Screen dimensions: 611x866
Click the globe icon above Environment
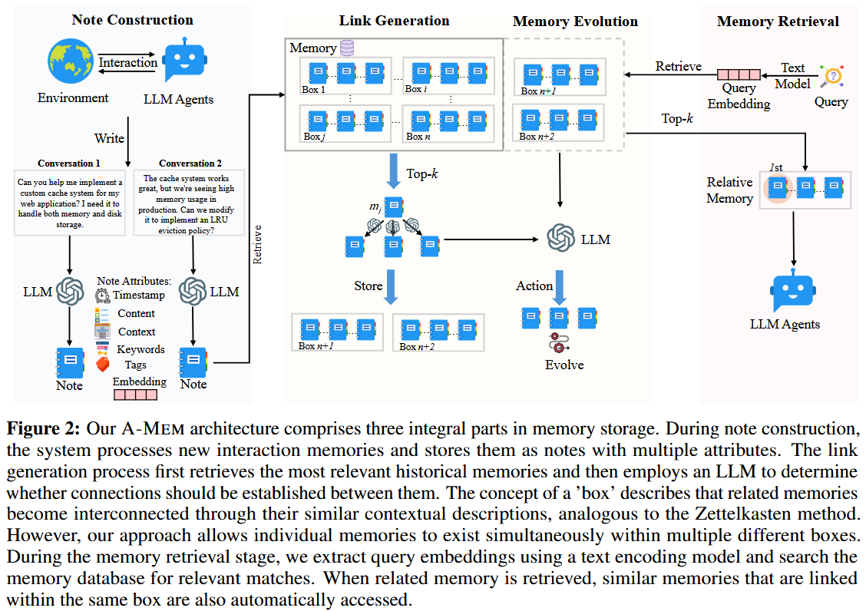[71, 63]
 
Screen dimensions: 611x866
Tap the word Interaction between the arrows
[128, 62]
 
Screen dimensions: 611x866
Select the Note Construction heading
[133, 20]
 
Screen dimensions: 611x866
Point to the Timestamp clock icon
[103, 296]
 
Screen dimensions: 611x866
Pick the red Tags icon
[103, 364]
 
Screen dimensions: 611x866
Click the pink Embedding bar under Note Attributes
[135, 395]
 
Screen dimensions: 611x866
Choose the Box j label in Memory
[312, 137]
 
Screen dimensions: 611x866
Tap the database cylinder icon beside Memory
[347, 48]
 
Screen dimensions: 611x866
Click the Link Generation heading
[395, 21]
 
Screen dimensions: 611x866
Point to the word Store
[368, 286]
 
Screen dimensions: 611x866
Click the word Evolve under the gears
[564, 364]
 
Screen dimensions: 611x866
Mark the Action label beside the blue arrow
[534, 286]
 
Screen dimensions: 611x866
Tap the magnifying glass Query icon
[831, 76]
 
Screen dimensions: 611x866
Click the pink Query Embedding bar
[739, 74]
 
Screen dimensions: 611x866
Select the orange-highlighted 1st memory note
[778, 187]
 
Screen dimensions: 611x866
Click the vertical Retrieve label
[258, 244]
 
